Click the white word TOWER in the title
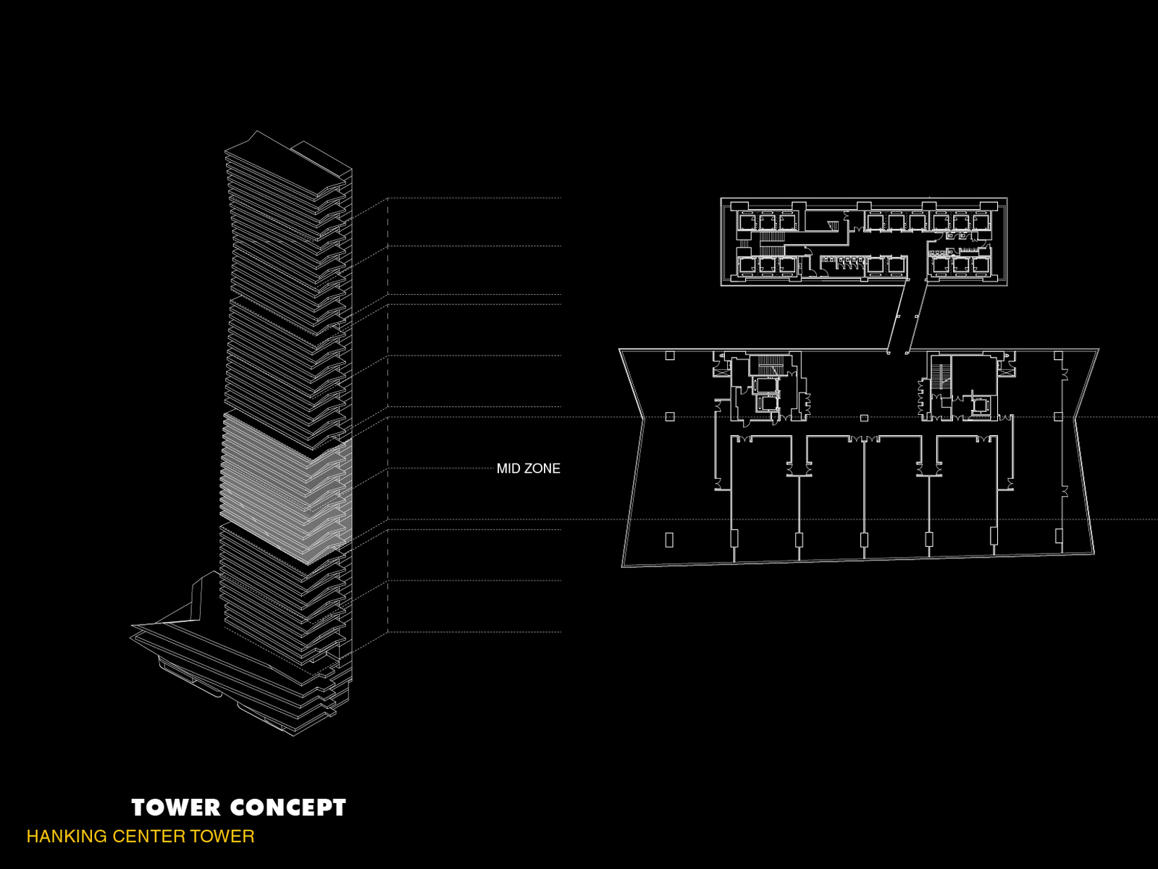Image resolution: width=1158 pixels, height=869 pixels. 175,807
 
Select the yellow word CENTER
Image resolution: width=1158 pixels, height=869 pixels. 148,836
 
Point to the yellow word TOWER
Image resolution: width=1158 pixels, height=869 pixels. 222,836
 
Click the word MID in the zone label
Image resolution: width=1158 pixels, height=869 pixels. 508,469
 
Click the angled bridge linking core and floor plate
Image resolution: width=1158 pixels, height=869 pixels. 907,316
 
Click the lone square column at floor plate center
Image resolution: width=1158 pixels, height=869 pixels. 864,418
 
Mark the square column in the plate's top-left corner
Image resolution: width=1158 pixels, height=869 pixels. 670,356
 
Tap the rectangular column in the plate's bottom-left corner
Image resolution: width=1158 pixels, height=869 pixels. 669,540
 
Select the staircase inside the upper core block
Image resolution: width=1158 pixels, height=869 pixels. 773,238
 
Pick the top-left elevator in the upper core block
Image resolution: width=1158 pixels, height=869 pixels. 747,222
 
